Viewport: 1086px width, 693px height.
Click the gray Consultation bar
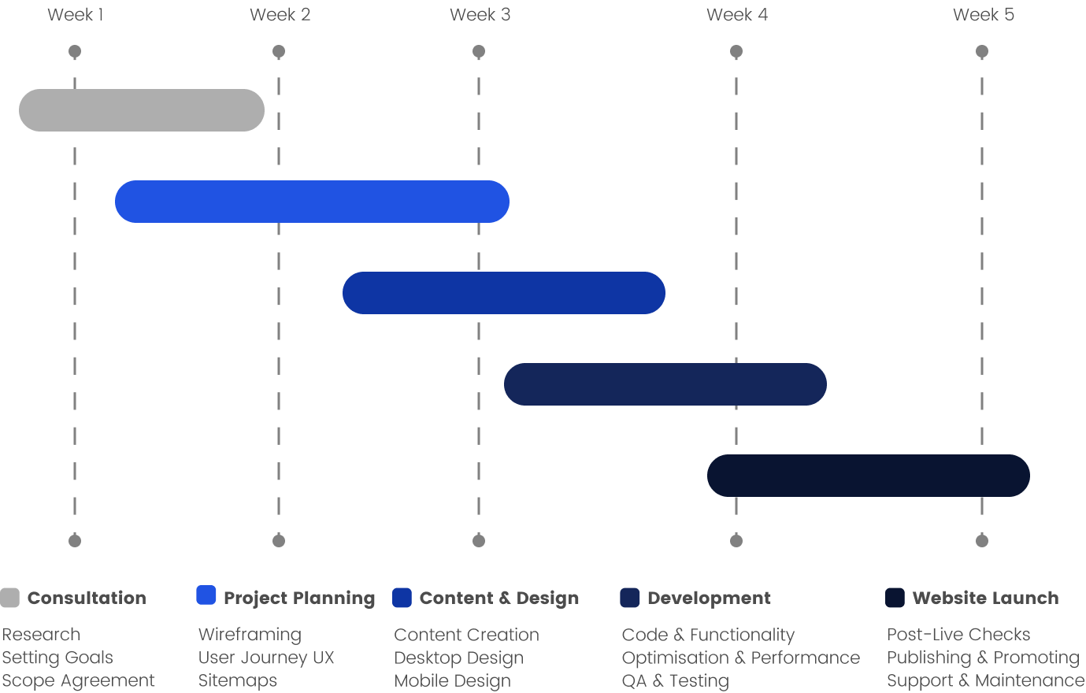[142, 110]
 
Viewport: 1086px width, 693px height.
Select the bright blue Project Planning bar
[312, 202]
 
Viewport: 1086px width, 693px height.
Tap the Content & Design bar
[504, 293]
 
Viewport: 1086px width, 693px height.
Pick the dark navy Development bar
[665, 384]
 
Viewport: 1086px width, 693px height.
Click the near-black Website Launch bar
[869, 475]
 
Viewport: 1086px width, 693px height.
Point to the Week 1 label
[75, 14]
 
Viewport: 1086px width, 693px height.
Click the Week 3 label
[480, 14]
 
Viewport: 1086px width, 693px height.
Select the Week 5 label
[983, 14]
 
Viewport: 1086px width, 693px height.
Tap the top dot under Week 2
[279, 51]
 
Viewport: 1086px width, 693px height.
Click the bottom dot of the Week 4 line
[736, 540]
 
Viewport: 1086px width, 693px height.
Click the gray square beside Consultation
[9, 598]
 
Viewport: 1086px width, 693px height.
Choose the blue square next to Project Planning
[206, 595]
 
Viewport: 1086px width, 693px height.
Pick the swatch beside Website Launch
[895, 598]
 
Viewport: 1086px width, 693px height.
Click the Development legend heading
[709, 598]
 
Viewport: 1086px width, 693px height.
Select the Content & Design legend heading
[499, 598]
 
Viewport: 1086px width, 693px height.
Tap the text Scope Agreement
[78, 681]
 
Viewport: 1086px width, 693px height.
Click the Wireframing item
[250, 635]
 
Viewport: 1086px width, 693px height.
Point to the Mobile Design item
[452, 681]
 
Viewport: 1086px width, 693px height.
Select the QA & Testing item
[676, 681]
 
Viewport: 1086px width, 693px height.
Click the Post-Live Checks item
[958, 634]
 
